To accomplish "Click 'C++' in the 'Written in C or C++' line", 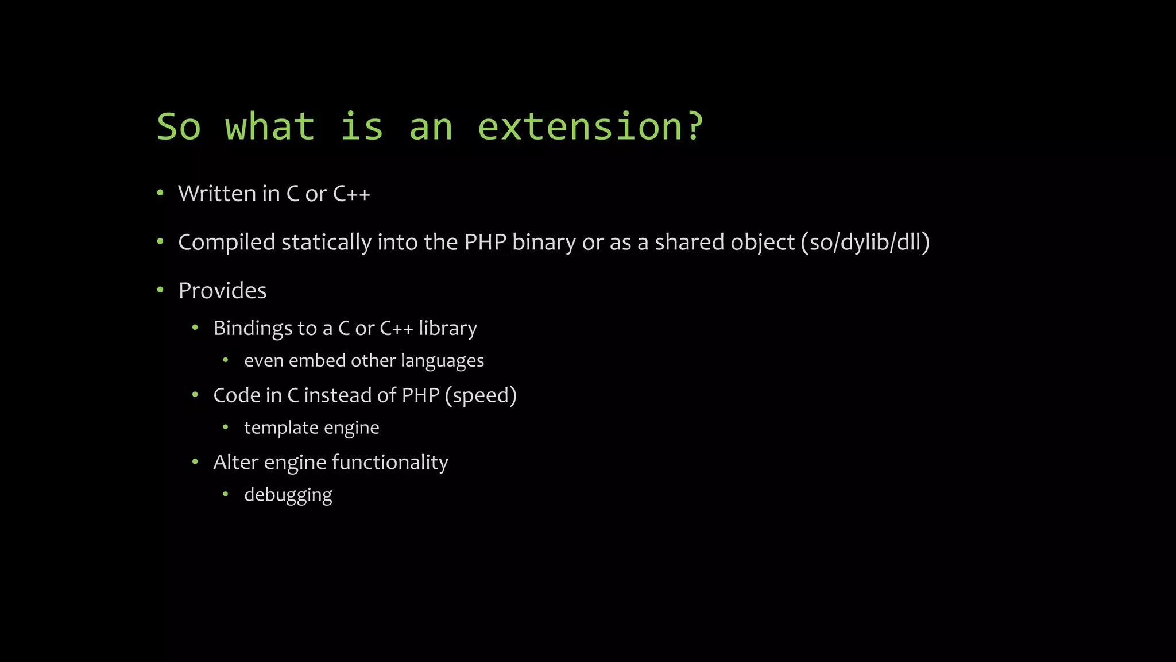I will point(351,194).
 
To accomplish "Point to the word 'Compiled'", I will point(227,242).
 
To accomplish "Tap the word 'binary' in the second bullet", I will point(543,242).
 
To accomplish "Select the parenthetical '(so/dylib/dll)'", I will point(865,242).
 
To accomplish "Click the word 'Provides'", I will point(222,291).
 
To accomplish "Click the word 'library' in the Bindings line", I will point(447,328).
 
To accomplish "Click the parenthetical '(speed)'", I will point(481,395).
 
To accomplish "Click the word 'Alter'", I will point(235,462).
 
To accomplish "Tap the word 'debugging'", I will point(288,495).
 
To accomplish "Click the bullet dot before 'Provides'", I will point(161,290).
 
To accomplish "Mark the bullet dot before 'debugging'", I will point(226,494).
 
